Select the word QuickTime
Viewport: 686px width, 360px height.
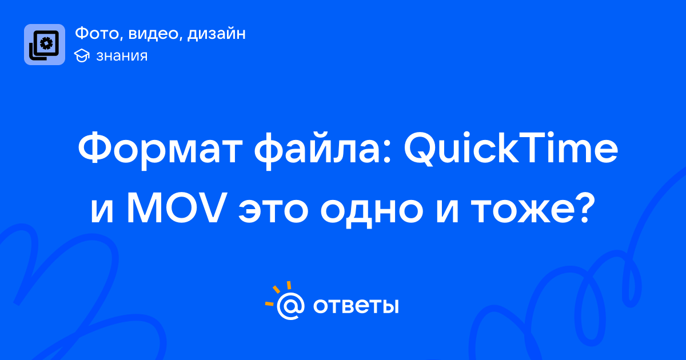pos(511,148)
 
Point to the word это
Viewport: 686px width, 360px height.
pos(273,211)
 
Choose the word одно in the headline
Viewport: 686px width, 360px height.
pos(372,212)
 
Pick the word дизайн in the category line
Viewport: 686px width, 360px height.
pos(216,34)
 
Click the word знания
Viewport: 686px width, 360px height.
pos(122,56)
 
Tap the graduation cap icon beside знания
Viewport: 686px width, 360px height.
pos(82,55)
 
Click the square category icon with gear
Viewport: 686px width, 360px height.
pos(45,45)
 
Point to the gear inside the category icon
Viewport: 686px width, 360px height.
pos(46,43)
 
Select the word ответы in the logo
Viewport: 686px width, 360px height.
pos(356,306)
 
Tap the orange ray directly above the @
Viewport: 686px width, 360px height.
pos(289,285)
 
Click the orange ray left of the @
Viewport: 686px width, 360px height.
pos(269,303)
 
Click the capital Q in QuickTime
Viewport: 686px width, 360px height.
pos(420,149)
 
